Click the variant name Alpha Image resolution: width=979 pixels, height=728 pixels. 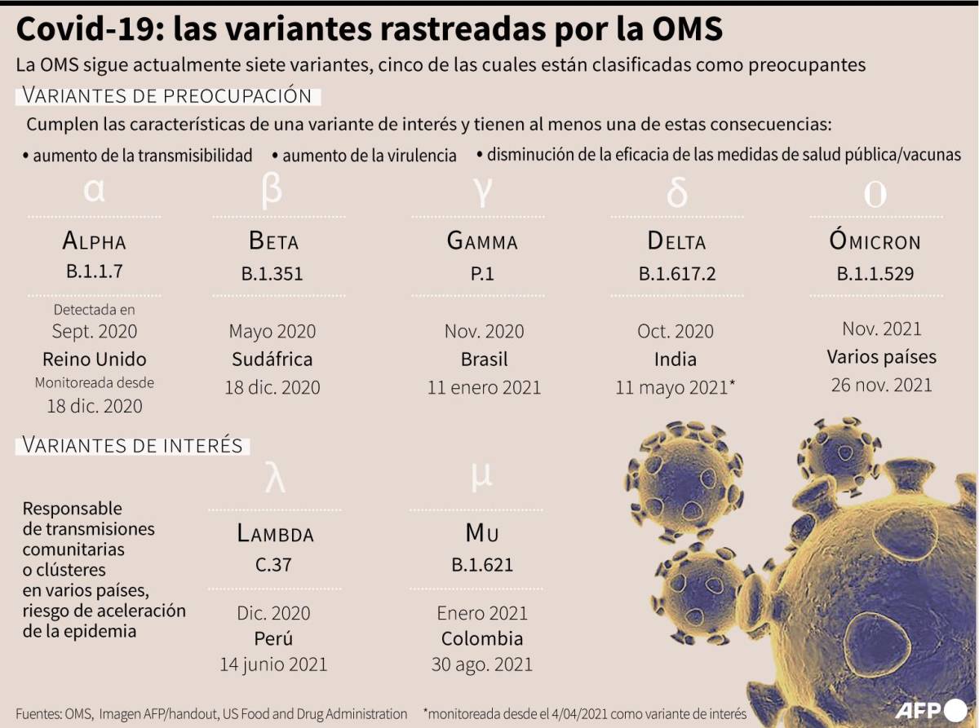94,241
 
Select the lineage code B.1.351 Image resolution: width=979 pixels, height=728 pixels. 272,274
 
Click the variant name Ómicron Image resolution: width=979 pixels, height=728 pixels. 875,241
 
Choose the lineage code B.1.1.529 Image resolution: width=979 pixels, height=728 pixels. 875,274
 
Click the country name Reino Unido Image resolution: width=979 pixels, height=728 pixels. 94,359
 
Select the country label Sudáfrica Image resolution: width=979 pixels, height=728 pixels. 272,359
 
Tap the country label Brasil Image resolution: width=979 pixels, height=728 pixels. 484,359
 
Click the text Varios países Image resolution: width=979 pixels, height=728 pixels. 881,356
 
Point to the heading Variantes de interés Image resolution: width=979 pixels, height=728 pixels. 132,445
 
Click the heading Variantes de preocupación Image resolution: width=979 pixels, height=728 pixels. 167,95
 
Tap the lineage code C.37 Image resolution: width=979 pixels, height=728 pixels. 274,564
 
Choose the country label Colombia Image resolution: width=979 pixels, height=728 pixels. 482,638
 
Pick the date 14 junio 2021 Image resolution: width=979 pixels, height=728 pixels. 273,664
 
